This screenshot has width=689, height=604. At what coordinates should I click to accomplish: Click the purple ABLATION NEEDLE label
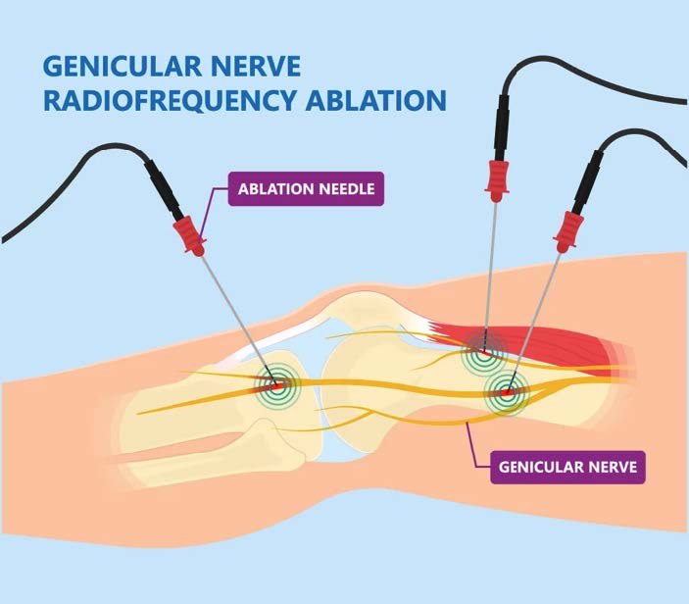coord(305,188)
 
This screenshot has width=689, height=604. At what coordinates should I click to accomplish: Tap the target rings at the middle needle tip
coord(480,345)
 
